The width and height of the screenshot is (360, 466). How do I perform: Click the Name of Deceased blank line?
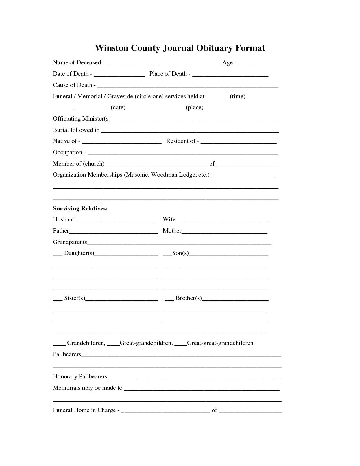[x=163, y=64]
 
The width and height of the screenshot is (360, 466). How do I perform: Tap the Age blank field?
[x=252, y=64]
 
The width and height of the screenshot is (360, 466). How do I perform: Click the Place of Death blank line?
[x=230, y=75]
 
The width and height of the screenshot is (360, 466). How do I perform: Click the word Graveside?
[x=120, y=97]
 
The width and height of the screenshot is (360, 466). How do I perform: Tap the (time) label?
[x=237, y=97]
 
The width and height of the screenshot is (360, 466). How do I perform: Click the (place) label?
[x=195, y=108]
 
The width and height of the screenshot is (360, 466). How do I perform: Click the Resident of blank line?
[x=239, y=143]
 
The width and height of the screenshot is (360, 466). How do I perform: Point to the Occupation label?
[x=67, y=153]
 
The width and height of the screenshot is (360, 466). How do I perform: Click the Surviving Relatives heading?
[x=80, y=209]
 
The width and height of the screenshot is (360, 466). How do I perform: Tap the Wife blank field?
[x=222, y=221]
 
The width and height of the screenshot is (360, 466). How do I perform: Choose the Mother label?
[x=172, y=231]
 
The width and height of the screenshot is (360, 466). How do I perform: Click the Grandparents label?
[x=70, y=242]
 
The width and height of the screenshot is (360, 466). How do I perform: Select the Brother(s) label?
[x=189, y=298]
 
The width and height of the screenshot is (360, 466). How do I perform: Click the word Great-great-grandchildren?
[x=220, y=343]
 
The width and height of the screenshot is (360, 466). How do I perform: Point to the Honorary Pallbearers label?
[x=80, y=377]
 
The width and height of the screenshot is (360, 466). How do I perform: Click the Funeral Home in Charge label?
[x=84, y=410]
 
